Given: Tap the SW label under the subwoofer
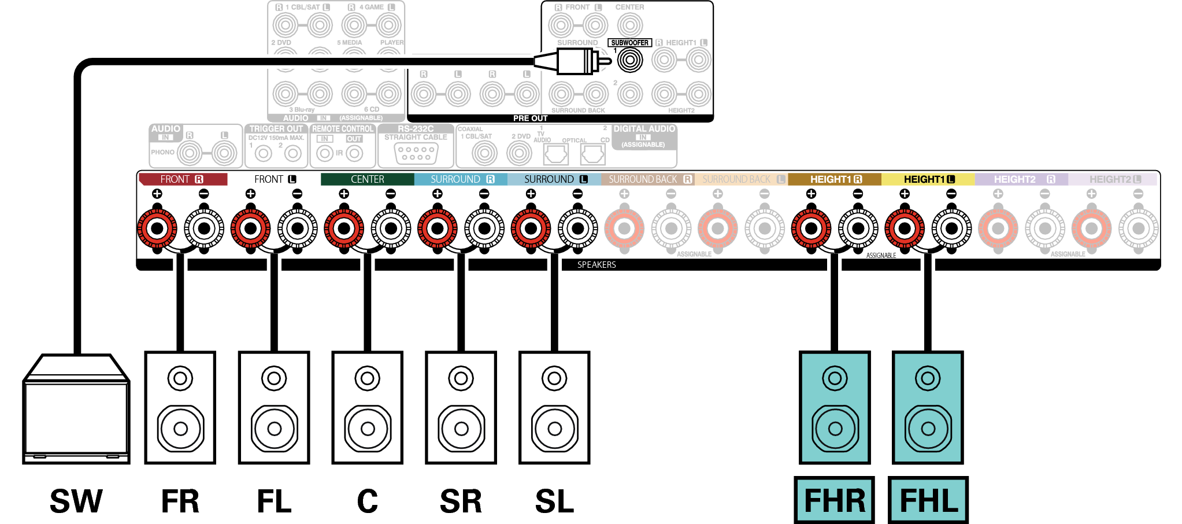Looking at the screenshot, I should [76, 501].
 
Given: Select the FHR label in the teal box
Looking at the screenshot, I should [834, 501].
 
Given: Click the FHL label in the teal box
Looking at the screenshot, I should [928, 501].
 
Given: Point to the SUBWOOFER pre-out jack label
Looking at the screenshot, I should [629, 43].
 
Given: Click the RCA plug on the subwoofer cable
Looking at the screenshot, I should [575, 61].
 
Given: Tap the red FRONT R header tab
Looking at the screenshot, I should [183, 179].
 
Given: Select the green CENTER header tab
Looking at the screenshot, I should [367, 179].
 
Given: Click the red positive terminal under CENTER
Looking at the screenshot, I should [344, 228].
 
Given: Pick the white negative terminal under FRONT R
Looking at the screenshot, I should [203, 228].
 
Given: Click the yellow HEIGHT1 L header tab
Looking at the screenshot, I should [928, 179].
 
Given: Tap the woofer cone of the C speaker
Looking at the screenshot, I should [367, 429].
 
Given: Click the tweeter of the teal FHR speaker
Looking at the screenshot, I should [835, 379].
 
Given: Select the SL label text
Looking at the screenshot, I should [554, 501].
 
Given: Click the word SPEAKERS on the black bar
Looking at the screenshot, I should [596, 265].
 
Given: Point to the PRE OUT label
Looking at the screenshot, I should [530, 118].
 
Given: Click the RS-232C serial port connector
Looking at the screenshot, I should [416, 153].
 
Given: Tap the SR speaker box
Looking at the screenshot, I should [461, 407].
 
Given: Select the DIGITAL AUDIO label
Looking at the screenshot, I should [644, 129].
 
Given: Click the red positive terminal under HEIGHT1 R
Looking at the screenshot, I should [811, 228].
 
